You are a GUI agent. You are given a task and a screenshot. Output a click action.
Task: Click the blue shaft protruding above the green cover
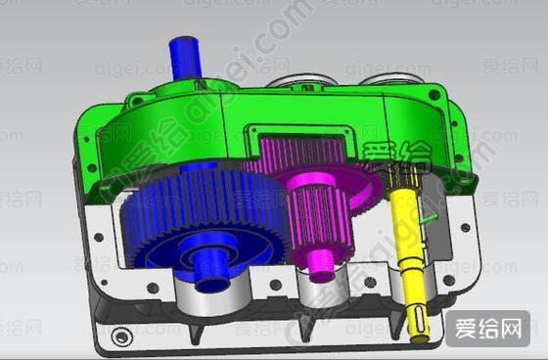(x=183, y=56)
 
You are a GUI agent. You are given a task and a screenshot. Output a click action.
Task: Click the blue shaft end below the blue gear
(x=209, y=271)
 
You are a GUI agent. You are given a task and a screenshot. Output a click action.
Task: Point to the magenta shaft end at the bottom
(x=320, y=262)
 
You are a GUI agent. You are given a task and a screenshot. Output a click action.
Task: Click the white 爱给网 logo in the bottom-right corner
(x=486, y=330)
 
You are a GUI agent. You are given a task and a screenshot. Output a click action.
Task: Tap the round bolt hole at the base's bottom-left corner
(x=120, y=337)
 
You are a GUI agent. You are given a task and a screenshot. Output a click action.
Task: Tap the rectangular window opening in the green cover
(x=294, y=137)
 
